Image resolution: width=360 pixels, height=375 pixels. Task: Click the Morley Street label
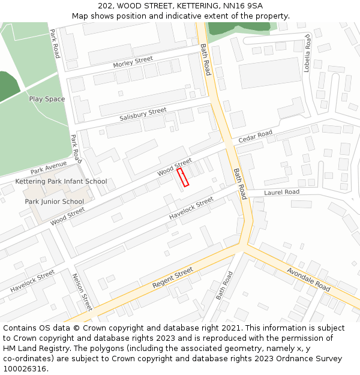pos(133,62)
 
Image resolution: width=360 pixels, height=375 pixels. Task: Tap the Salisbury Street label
pos(142,114)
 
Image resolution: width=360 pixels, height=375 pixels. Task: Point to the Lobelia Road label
pos(307,53)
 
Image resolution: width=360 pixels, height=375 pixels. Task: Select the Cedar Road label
pos(255,137)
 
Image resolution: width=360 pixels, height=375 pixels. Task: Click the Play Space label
pos(47,99)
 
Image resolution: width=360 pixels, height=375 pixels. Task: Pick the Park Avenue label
pos(49,167)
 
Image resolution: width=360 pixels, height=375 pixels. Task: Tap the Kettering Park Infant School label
pos(61,181)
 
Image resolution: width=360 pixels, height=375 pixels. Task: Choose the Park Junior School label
pos(54,202)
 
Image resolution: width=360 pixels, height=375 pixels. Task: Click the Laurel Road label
pos(281,192)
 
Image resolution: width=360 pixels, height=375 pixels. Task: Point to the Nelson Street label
pos(81,292)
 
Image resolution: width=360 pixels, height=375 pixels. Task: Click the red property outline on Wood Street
pos(182,177)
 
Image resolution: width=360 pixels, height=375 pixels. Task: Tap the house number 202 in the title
pos(106,5)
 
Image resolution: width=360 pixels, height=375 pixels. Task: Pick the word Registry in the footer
pos(62,349)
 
